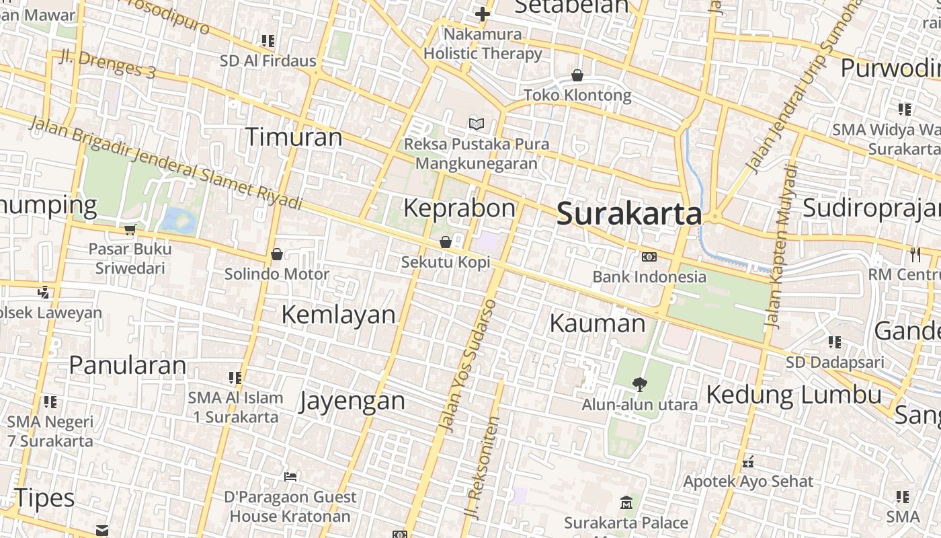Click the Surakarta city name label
[x=629, y=215]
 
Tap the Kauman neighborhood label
[x=597, y=323]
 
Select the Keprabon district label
[x=459, y=208]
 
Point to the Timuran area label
[x=294, y=137]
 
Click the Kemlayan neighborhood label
[x=338, y=314]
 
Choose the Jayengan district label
[x=352, y=401]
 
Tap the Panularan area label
[x=128, y=365]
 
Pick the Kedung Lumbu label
[x=794, y=394]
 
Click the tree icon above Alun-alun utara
[x=639, y=384]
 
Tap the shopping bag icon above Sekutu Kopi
[x=445, y=242]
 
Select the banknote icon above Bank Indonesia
[x=649, y=256]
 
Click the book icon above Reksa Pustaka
[x=477, y=124]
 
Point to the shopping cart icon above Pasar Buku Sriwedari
[x=130, y=229]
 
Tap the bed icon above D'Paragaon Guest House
[x=290, y=477]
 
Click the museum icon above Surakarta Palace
[x=626, y=502]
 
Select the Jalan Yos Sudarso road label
[x=468, y=365]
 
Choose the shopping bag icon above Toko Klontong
[x=577, y=75]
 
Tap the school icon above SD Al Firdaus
[x=268, y=41]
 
